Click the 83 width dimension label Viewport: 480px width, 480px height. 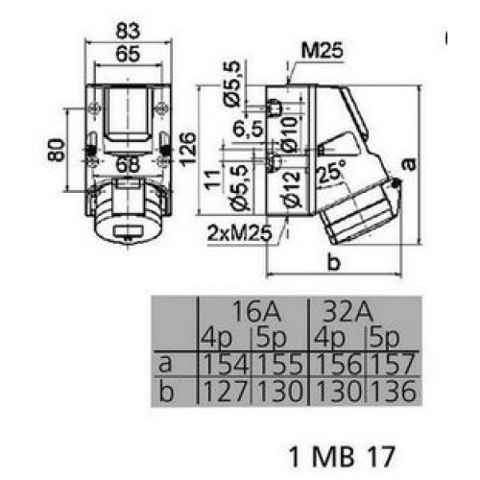[x=128, y=31]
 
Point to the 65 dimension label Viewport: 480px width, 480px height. [x=128, y=54]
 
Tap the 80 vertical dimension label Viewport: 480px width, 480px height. [x=57, y=150]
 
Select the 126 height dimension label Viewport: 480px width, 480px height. [x=188, y=148]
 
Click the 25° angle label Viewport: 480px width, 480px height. [x=332, y=171]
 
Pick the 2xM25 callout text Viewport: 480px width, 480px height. [x=240, y=232]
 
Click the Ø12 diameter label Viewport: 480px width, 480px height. [x=292, y=189]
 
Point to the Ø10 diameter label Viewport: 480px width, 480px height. [x=289, y=133]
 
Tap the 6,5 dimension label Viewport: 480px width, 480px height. [x=249, y=130]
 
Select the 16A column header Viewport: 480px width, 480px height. [x=256, y=311]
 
